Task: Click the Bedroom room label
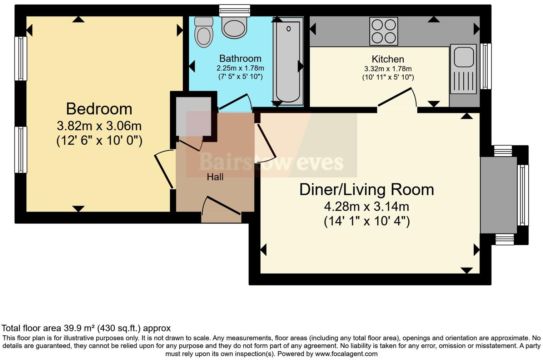[99, 109]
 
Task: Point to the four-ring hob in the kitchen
[384, 31]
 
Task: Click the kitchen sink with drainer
[463, 69]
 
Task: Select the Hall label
[215, 177]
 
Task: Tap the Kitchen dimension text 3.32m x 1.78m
[388, 69]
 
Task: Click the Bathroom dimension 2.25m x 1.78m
[240, 68]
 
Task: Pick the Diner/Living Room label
[367, 190]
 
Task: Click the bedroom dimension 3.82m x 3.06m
[99, 126]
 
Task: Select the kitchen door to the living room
[397, 97]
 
